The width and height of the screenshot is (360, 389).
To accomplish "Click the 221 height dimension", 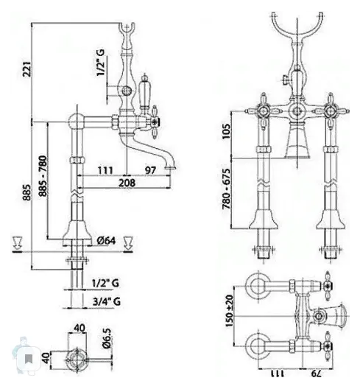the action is point(27,69).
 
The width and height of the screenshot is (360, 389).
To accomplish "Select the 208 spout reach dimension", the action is point(127,183).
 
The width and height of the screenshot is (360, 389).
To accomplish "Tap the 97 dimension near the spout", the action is point(150,170).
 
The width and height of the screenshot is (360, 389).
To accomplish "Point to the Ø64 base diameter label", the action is point(106,240).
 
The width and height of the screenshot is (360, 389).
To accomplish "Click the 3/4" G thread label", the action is point(107,301).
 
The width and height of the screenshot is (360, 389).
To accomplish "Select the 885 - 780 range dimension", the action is point(43,176).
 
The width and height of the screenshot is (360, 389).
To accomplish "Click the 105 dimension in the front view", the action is point(226,131).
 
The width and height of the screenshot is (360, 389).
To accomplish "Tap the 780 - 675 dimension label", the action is point(226,189).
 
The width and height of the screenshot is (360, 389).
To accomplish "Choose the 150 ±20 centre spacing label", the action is point(230,311).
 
